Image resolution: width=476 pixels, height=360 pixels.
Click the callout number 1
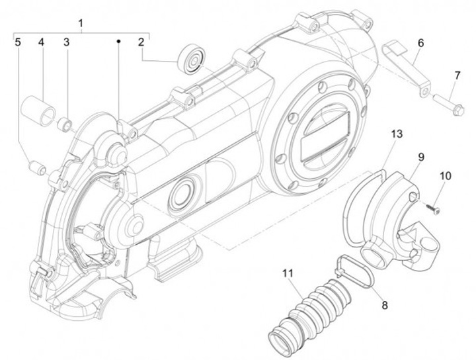click(x=81, y=24)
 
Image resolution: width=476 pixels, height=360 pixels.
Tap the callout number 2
click(x=141, y=42)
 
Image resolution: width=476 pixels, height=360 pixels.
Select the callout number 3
click(x=66, y=42)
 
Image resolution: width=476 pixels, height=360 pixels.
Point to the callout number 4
click(x=41, y=42)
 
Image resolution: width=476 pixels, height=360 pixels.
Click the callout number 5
click(x=18, y=42)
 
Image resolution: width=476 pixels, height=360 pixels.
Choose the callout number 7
click(x=456, y=75)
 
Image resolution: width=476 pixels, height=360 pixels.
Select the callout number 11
click(x=286, y=273)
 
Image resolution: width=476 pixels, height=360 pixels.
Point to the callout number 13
click(x=395, y=134)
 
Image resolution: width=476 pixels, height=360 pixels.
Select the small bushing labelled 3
click(x=65, y=122)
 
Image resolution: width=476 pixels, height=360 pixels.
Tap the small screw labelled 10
click(x=428, y=207)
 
